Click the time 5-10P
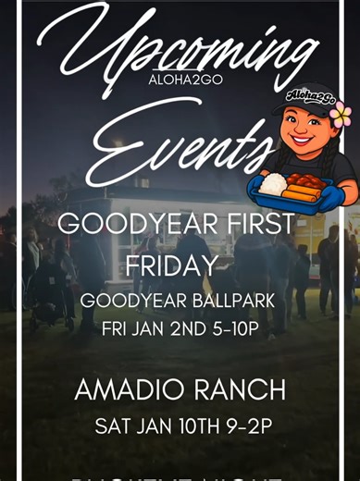[x=230, y=328]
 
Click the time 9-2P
[x=243, y=426]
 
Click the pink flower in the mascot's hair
[x=340, y=116]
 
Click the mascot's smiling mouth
[x=302, y=150]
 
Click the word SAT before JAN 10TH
[x=111, y=426]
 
